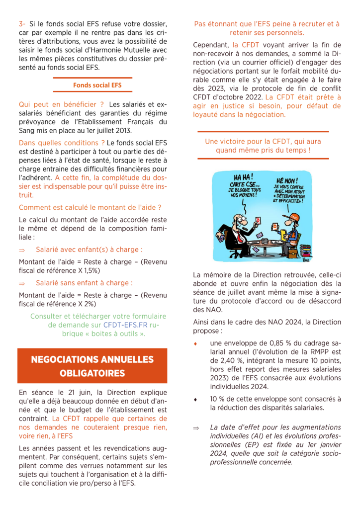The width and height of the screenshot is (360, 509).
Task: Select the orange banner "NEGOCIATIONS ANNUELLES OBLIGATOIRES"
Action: coord(92,366)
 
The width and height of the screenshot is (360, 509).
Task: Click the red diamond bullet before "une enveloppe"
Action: coord(196,343)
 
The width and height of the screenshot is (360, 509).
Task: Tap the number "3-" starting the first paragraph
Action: coord(22,24)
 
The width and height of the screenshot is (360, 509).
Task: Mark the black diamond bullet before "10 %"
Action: coord(196,399)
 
